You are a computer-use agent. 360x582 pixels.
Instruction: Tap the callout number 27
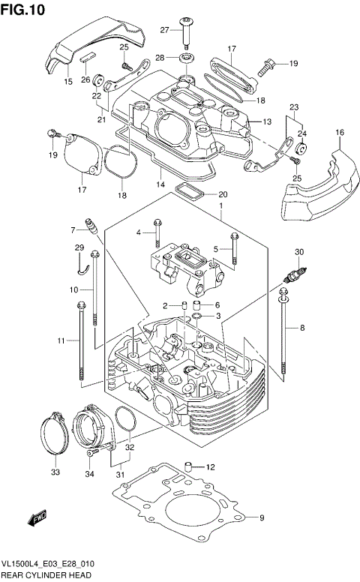pos(165,30)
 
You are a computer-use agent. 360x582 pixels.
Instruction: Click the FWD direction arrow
pos(36,518)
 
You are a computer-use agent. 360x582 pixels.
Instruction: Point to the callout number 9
pos(262,518)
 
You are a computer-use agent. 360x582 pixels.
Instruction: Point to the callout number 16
pos(340,132)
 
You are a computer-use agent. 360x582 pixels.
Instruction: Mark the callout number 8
pos(302,327)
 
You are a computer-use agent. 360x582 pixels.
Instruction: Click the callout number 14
pos(160,184)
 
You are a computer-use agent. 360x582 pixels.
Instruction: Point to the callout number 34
pos(89,473)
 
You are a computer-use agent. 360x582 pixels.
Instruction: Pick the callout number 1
pos(221,205)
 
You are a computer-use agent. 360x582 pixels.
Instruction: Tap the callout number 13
pos(265,121)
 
